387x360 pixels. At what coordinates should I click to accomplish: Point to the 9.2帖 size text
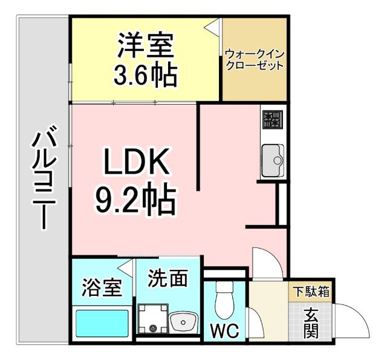coord(135,200)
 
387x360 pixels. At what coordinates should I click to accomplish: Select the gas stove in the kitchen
coord(272,120)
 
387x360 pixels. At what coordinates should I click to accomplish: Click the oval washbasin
coord(182,322)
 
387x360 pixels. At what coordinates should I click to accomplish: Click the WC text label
coord(224,332)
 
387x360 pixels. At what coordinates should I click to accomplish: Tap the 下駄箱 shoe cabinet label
coord(311,292)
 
